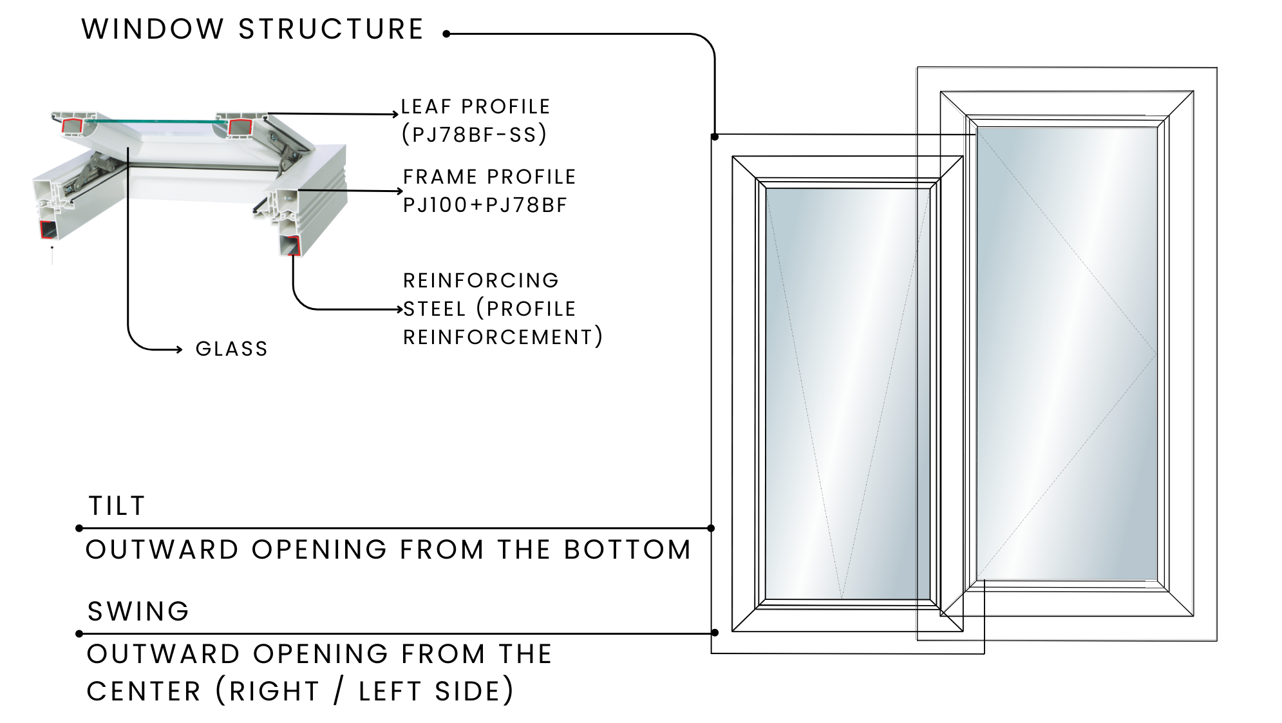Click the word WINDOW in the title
click(x=153, y=30)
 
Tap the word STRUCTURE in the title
click(x=331, y=30)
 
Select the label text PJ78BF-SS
click(x=475, y=135)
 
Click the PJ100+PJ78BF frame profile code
click(x=485, y=205)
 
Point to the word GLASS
click(x=232, y=349)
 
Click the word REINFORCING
click(x=481, y=280)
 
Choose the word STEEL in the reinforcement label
click(x=435, y=309)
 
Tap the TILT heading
click(x=117, y=506)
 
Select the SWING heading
click(x=138, y=612)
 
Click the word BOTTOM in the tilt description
click(x=627, y=550)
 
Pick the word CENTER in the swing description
click(x=144, y=691)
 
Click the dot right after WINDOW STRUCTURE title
click(x=446, y=34)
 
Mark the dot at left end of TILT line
click(x=79, y=528)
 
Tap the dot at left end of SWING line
click(x=79, y=633)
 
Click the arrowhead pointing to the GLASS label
click(x=180, y=350)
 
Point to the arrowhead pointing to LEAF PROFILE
click(x=396, y=115)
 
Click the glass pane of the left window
click(x=847, y=393)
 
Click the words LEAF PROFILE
click(x=475, y=106)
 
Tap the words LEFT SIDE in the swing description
click(x=436, y=691)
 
